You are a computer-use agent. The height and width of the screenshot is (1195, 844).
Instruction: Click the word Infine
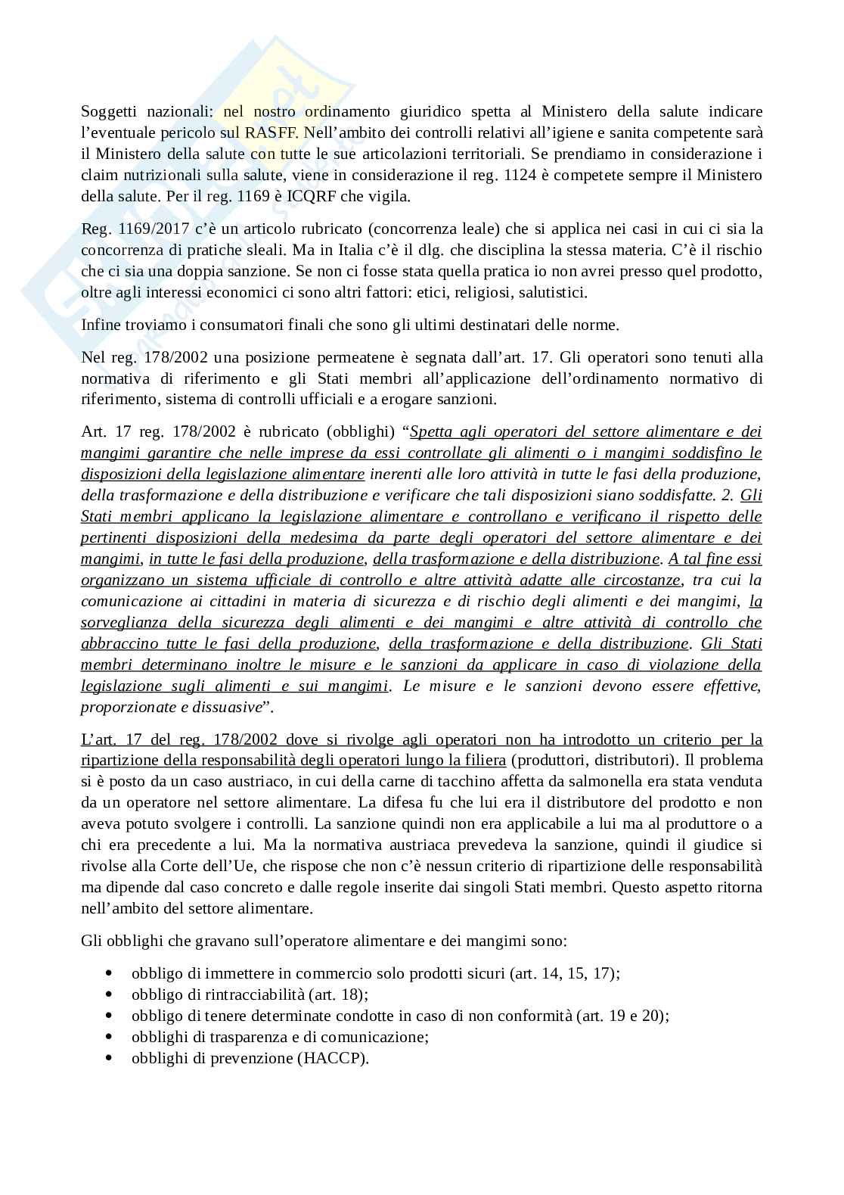click(100, 325)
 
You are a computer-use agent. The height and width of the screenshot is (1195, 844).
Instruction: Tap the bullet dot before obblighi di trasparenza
click(111, 1037)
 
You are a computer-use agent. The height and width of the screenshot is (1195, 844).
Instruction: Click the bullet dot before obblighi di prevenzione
click(111, 1058)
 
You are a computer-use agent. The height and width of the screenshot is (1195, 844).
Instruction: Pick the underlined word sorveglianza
click(126, 623)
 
